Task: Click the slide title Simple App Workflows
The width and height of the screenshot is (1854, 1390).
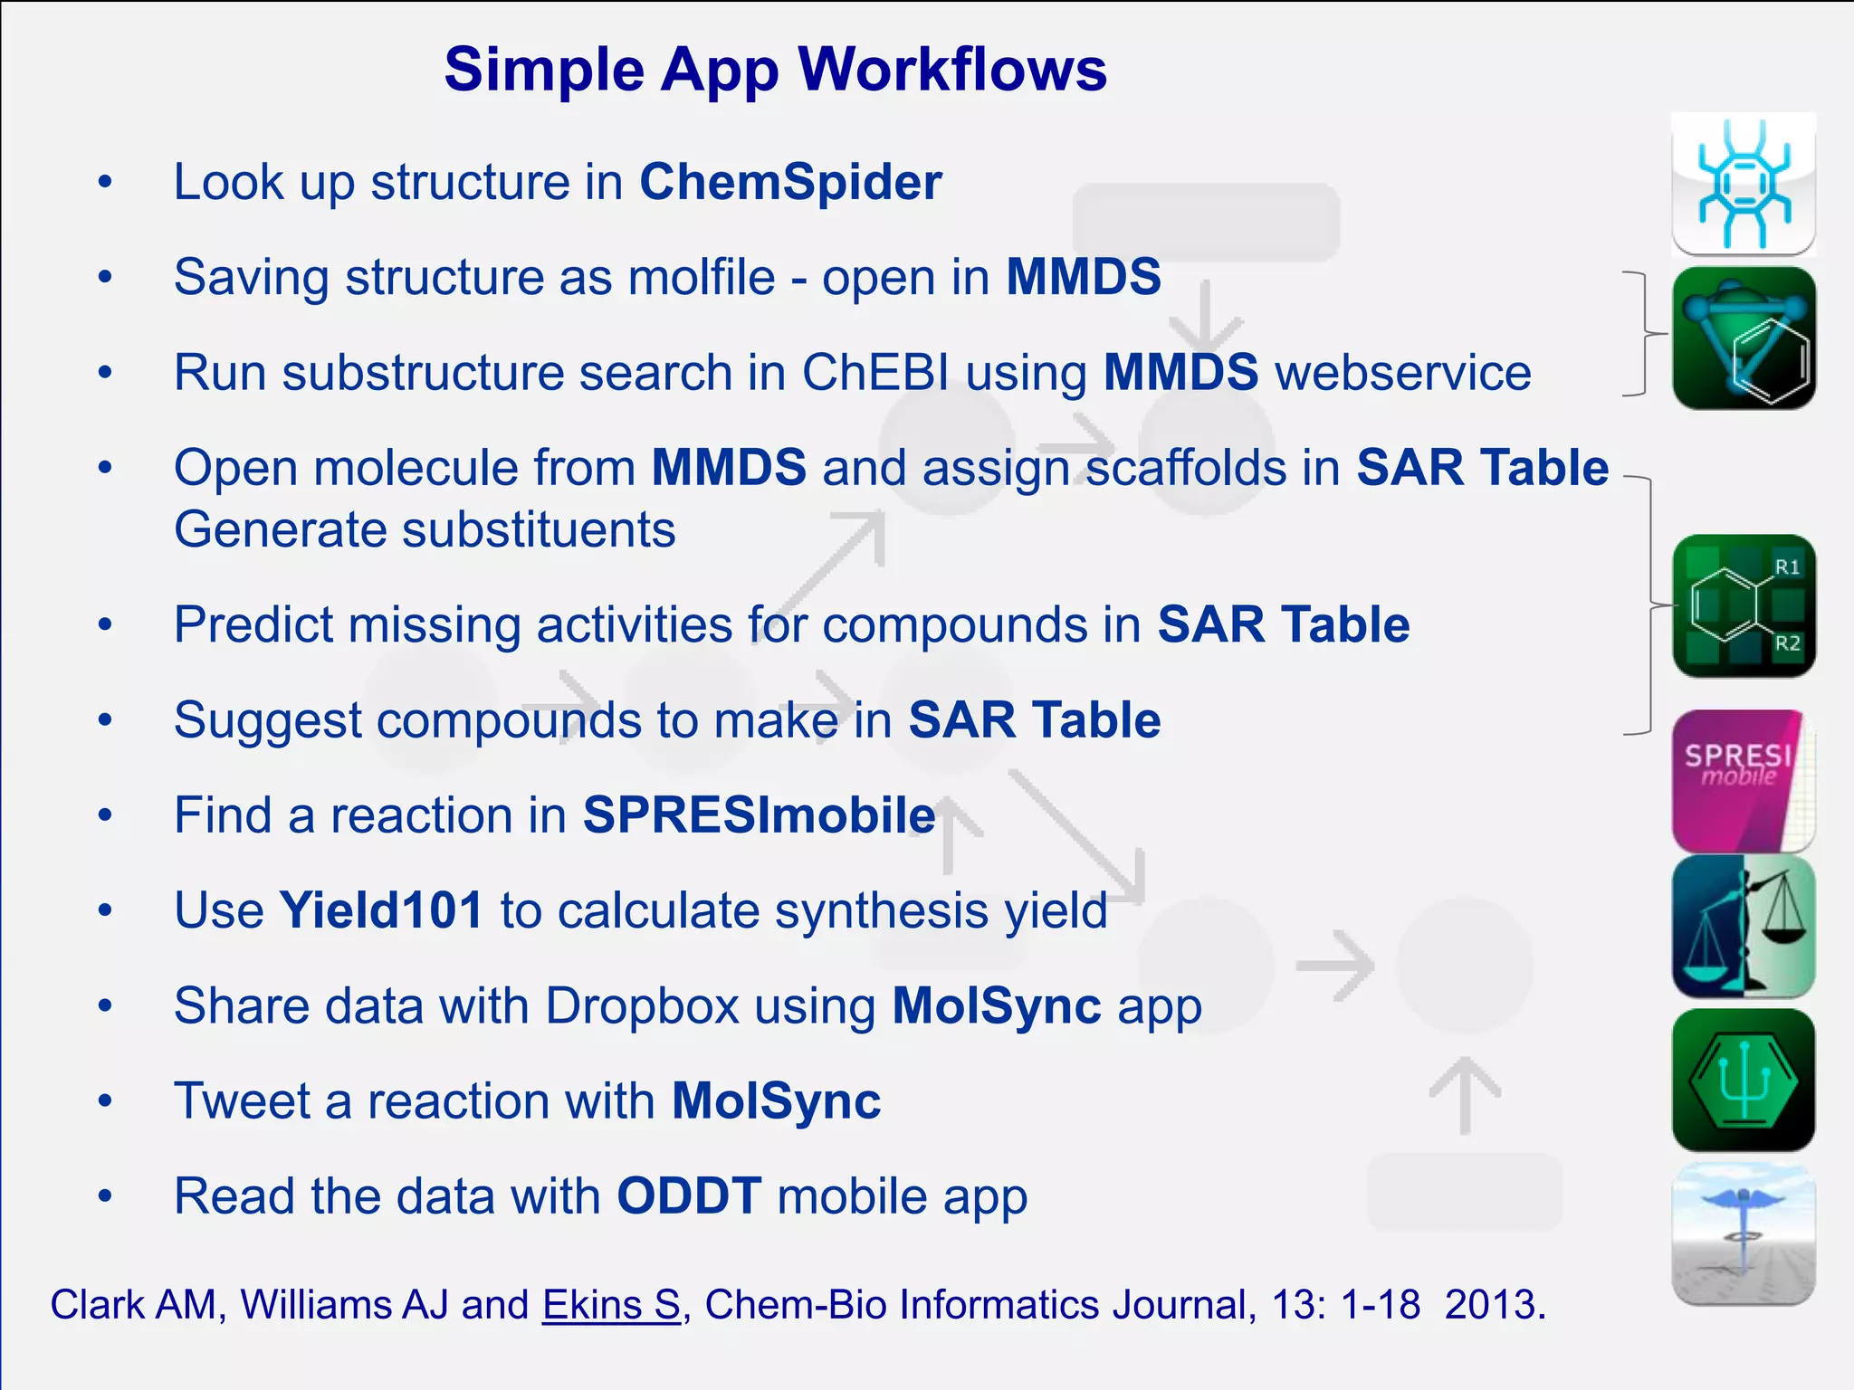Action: [x=775, y=70]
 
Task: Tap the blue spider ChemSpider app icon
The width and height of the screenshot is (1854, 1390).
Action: [x=1743, y=185]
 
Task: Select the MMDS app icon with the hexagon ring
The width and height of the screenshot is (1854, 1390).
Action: [x=1743, y=338]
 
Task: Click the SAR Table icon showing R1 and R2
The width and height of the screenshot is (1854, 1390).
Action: [x=1743, y=605]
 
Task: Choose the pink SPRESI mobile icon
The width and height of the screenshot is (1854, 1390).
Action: [x=1743, y=780]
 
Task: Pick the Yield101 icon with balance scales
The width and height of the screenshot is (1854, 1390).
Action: [x=1743, y=927]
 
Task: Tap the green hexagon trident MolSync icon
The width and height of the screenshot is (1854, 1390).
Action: [x=1743, y=1081]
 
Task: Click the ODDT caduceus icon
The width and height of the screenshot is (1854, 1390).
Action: [x=1743, y=1234]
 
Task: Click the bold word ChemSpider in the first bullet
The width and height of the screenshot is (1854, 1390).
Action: [x=790, y=182]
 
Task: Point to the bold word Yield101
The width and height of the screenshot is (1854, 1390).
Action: [x=381, y=910]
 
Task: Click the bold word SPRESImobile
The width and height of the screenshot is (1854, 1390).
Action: [x=759, y=815]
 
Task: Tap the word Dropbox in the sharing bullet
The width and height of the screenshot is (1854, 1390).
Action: [x=642, y=1006]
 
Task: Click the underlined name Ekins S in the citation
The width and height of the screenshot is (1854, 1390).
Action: [x=611, y=1305]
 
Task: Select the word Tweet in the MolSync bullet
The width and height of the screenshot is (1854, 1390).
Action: [x=241, y=1101]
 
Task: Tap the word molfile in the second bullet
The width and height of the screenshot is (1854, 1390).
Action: [x=701, y=277]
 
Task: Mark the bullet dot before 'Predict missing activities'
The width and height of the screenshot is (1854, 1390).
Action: [x=106, y=624]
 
